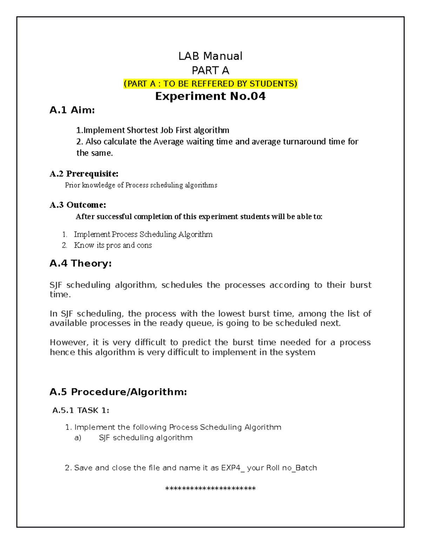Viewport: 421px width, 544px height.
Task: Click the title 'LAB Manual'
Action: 210,56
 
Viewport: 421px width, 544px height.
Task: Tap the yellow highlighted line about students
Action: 210,84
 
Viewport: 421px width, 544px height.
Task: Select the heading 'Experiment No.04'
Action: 210,96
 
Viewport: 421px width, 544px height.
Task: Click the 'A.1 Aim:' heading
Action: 72,110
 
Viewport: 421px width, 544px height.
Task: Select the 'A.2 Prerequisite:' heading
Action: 84,174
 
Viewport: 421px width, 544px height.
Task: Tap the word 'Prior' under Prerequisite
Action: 73,185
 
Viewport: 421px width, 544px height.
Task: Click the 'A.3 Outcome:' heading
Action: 78,205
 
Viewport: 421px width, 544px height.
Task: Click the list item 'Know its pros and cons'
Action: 113,245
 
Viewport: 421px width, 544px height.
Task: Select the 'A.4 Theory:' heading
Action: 81,263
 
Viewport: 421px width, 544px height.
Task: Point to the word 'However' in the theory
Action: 69,342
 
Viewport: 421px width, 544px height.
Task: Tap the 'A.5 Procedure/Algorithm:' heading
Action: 118,392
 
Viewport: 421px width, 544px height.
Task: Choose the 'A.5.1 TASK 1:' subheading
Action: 81,410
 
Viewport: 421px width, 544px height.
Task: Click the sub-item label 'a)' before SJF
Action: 78,438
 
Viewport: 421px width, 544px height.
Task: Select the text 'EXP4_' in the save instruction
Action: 233,468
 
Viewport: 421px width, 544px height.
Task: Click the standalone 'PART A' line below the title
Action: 210,71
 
